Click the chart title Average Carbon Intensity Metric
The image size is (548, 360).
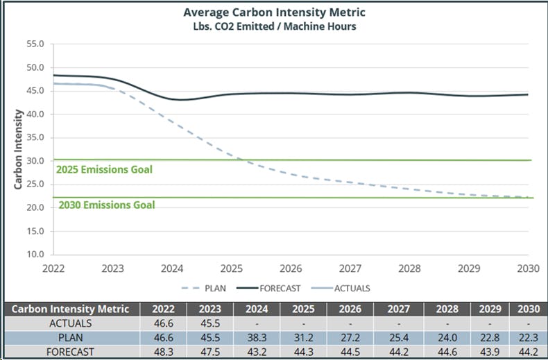[274, 12]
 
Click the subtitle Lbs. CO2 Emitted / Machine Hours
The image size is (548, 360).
[274, 26]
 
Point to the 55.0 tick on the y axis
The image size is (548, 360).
[35, 44]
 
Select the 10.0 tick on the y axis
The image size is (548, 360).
[35, 255]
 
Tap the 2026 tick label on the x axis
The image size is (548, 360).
[291, 268]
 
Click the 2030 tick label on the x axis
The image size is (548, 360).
[528, 268]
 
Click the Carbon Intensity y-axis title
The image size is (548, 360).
[18, 149]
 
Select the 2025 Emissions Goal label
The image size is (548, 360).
[104, 169]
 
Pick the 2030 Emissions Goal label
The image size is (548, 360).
[107, 205]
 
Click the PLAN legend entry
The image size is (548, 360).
[204, 289]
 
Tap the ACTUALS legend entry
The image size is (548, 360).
[351, 289]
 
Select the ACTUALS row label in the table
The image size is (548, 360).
[71, 323]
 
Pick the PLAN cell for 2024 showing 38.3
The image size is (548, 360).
[257, 337]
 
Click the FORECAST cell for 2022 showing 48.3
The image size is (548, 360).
[162, 351]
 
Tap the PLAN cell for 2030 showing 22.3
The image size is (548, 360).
[527, 337]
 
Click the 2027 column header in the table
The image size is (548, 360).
[397, 309]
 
